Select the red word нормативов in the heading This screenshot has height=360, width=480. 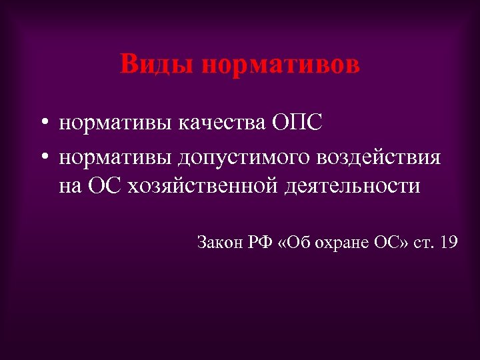tap(279, 65)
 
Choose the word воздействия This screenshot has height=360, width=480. tap(375, 158)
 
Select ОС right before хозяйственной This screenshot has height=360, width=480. tap(103, 186)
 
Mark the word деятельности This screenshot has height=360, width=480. tap(352, 187)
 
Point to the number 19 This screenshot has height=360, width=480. tap(448, 242)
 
